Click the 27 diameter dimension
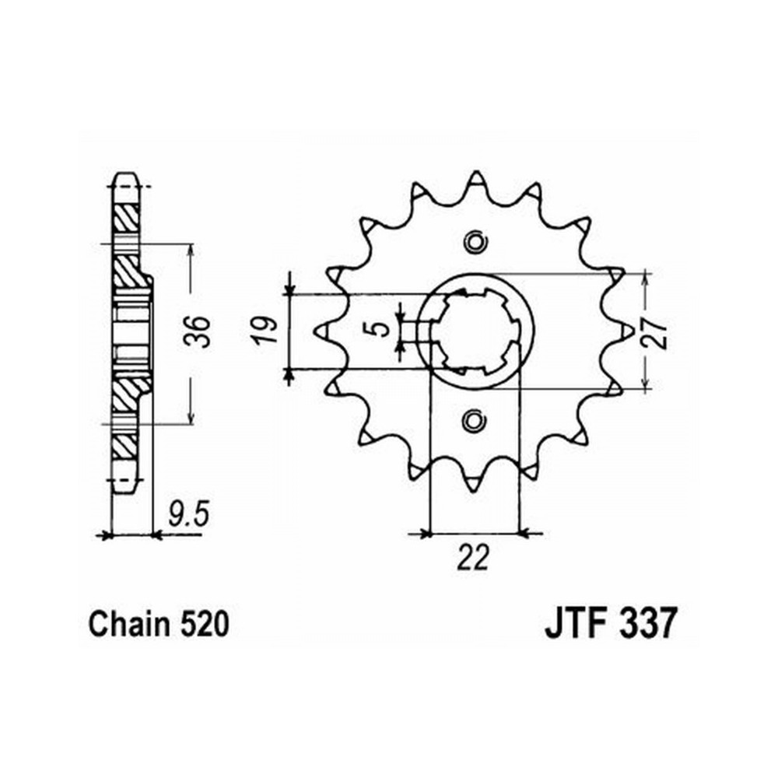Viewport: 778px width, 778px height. tap(655, 331)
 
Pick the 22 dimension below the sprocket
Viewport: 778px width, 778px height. tap(474, 558)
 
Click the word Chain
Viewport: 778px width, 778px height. tap(128, 624)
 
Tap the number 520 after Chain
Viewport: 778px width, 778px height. tap(205, 625)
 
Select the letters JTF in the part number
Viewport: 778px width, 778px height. tap(576, 624)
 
